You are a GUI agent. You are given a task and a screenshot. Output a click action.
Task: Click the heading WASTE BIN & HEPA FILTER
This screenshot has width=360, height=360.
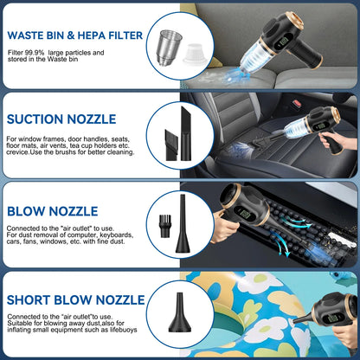[74, 36]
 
